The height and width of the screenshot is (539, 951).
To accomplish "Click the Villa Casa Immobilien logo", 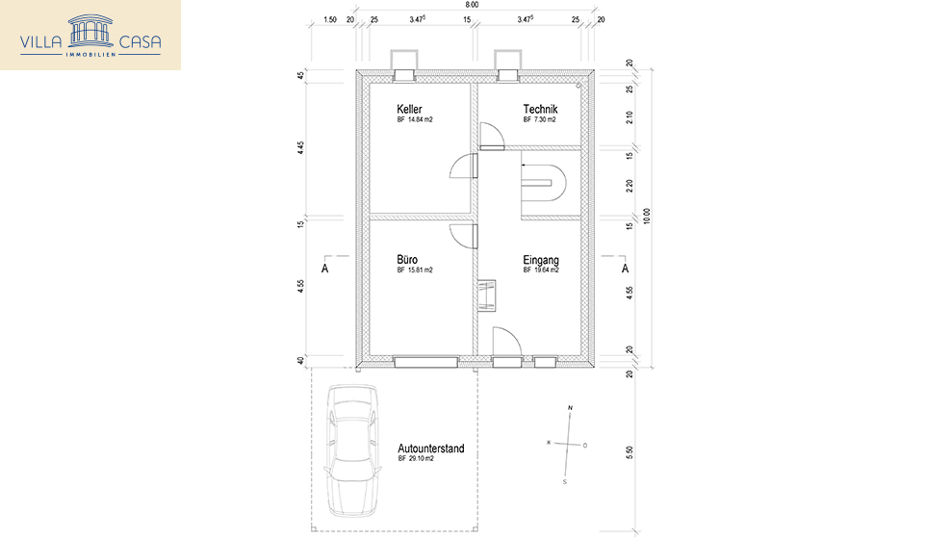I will [x=90, y=36].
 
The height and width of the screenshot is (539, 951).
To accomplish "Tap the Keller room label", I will [x=409, y=110].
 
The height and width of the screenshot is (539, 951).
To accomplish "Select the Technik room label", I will [x=540, y=110].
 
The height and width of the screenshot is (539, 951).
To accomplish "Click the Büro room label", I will [x=407, y=260].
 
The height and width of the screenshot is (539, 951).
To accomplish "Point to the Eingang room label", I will [x=541, y=260].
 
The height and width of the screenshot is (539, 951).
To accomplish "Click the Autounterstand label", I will [x=431, y=449].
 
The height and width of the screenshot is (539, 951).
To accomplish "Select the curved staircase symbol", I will [x=544, y=180].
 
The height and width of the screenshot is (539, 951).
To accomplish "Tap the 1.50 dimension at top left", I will [x=330, y=19].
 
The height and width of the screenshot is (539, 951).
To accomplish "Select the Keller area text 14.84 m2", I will [x=415, y=121].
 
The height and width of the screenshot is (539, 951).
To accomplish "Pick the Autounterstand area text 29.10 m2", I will [x=415, y=460].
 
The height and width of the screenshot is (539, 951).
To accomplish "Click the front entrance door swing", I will [x=505, y=342].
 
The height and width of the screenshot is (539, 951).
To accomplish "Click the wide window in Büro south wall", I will [x=424, y=362].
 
